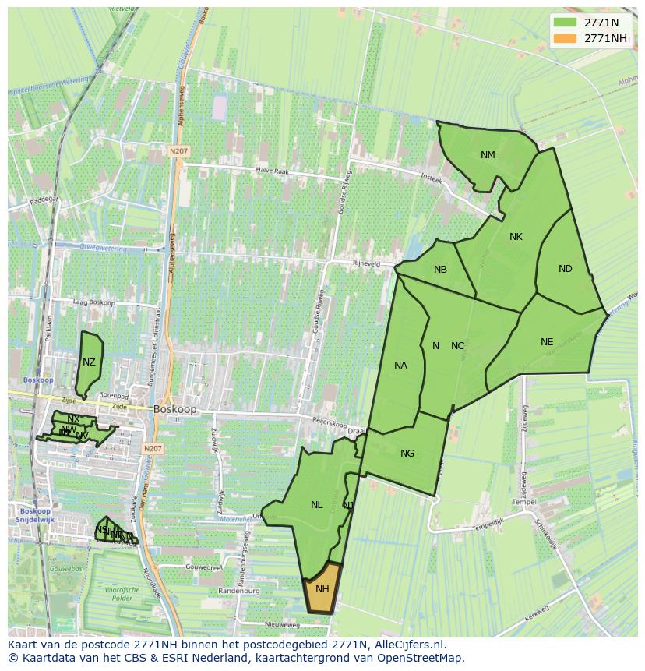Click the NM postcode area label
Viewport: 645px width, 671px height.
click(x=488, y=155)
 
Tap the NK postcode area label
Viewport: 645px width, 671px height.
click(x=516, y=237)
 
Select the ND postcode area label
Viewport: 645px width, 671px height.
click(x=566, y=269)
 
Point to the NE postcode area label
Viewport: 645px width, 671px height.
click(x=547, y=342)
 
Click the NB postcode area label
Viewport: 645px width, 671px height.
click(x=440, y=270)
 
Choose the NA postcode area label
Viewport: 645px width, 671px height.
click(x=400, y=366)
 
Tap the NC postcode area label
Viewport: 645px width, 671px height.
click(x=458, y=346)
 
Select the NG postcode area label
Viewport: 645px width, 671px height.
click(x=407, y=454)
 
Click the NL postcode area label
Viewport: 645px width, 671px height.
click(x=316, y=505)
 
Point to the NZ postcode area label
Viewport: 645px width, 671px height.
click(x=89, y=362)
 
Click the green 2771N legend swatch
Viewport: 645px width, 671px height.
click(x=565, y=23)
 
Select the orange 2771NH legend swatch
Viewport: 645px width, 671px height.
click(x=565, y=38)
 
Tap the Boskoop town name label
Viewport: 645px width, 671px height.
click(x=175, y=408)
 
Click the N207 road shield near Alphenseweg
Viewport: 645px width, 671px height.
click(x=177, y=152)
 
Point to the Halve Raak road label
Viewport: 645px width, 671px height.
click(x=273, y=170)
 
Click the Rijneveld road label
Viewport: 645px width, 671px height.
click(x=366, y=263)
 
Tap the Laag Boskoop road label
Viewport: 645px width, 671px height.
click(x=93, y=302)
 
